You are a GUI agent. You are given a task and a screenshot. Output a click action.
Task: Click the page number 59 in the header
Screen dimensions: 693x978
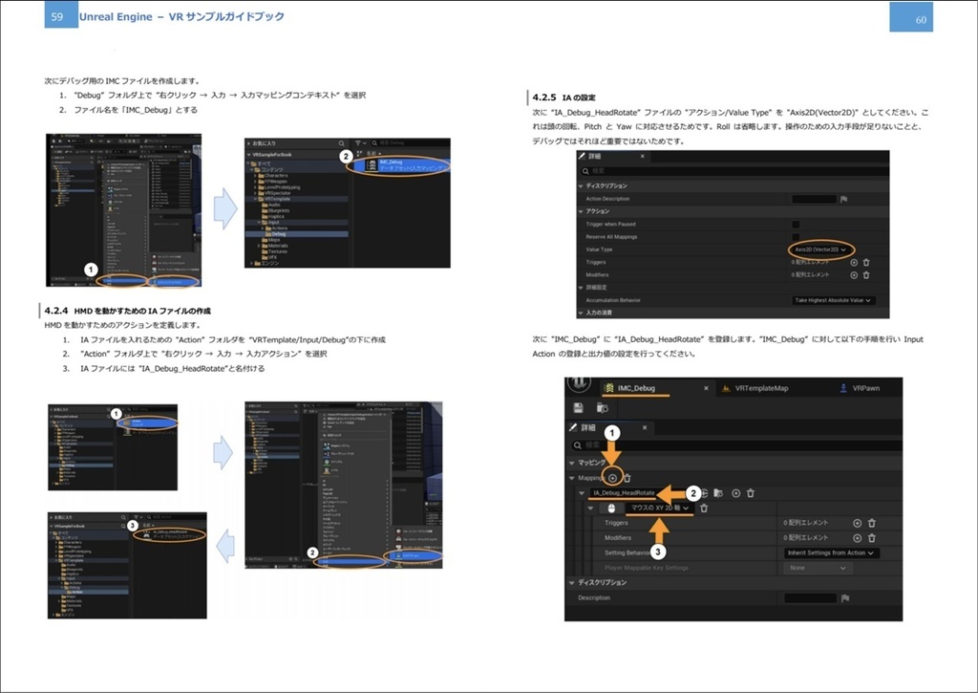[x=57, y=16]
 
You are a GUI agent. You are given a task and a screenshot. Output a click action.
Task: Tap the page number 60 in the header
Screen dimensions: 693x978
[x=920, y=18]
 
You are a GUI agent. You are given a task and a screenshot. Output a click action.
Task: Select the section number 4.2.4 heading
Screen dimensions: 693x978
[x=56, y=312]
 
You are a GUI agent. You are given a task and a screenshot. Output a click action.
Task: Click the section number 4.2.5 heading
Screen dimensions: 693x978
[x=544, y=97]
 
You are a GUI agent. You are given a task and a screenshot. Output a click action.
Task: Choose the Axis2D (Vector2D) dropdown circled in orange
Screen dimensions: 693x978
[x=820, y=249]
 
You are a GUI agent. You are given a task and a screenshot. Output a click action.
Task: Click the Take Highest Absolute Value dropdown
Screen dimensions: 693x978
[x=834, y=300]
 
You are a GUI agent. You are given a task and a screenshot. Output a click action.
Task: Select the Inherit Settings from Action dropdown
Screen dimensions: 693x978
[x=831, y=552]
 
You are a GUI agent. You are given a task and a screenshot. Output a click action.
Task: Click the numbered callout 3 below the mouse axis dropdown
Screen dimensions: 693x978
[x=659, y=551]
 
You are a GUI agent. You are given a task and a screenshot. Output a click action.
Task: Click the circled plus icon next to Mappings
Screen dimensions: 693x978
[x=612, y=478]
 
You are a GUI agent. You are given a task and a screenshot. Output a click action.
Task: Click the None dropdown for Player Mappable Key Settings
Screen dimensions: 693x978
[x=817, y=568]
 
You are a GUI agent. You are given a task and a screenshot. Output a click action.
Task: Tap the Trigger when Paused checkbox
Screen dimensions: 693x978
[x=796, y=224]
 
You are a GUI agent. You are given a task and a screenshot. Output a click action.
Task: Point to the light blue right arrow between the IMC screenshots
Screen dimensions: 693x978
[x=224, y=209]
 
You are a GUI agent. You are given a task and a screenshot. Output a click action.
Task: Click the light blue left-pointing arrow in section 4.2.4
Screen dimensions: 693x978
[x=223, y=546]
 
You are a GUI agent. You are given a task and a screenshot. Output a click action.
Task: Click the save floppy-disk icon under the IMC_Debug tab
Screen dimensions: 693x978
[x=579, y=407]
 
